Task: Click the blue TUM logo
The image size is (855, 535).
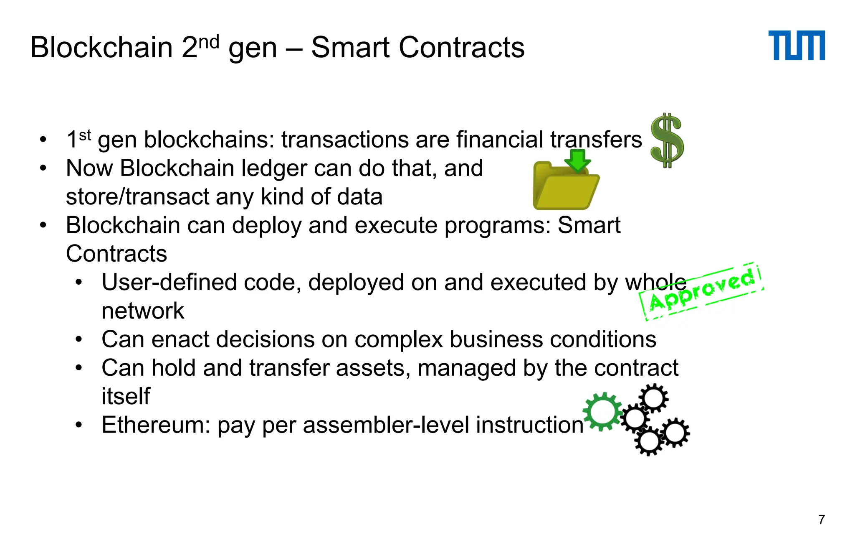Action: click(x=796, y=45)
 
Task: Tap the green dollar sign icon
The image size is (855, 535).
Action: click(x=667, y=140)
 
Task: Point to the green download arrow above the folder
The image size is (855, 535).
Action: click(x=577, y=160)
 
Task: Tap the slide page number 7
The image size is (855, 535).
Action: click(x=822, y=520)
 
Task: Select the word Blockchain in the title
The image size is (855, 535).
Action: click(x=101, y=47)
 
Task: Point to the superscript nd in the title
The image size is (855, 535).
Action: click(x=208, y=42)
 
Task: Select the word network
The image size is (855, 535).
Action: click(x=142, y=311)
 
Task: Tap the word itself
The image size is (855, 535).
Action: click(x=125, y=396)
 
